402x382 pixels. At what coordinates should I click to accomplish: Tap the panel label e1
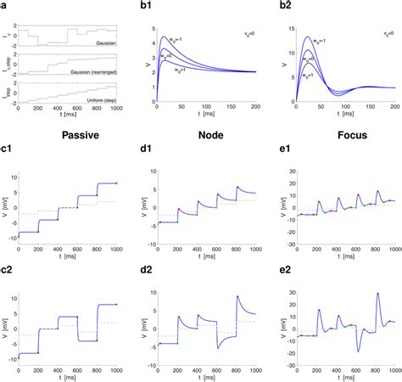(x=276, y=153)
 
